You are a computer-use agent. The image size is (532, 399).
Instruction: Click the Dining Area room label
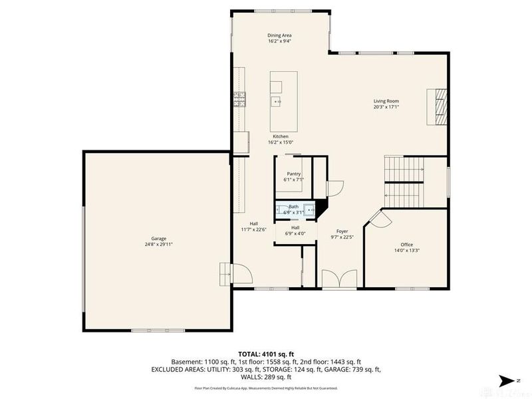pyautogui.click(x=279, y=35)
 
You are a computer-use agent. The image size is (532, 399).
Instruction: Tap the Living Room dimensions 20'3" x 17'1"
pyautogui.click(x=386, y=106)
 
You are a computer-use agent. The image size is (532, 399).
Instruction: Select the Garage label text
pyautogui.click(x=158, y=238)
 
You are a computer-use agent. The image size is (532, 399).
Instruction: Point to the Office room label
pyautogui.click(x=406, y=245)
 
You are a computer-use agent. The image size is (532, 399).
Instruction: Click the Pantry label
pyautogui.click(x=294, y=174)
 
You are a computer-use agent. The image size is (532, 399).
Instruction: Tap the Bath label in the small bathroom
pyautogui.click(x=293, y=207)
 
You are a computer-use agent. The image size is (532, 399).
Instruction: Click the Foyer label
pyautogui.click(x=342, y=231)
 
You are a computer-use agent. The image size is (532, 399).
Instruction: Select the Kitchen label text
pyautogui.click(x=281, y=136)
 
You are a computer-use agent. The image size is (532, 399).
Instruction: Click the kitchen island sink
pyautogui.click(x=276, y=102)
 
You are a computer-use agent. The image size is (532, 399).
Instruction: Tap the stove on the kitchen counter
pyautogui.click(x=239, y=100)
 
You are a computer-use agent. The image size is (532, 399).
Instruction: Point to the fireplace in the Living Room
pyautogui.click(x=439, y=106)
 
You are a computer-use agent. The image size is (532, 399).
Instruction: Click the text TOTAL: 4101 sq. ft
pyautogui.click(x=266, y=354)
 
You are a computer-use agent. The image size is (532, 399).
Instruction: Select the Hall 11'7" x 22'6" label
pyautogui.click(x=253, y=227)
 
